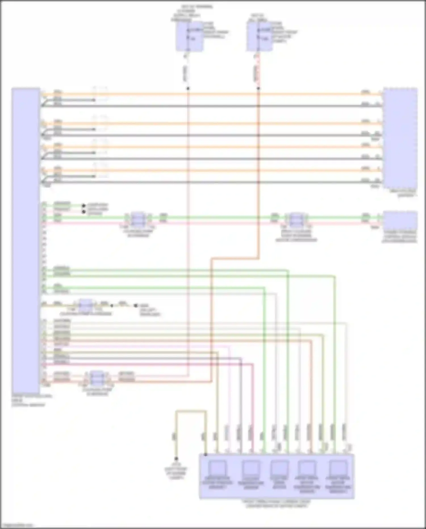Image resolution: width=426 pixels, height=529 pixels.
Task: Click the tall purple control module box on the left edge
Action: pyautogui.click(x=26, y=240)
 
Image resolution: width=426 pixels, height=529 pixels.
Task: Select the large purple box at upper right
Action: pyautogui.click(x=400, y=138)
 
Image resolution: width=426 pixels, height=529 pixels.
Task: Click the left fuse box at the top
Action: pyautogui.click(x=189, y=36)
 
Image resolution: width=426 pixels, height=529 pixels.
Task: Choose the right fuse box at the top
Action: pyautogui.click(x=260, y=36)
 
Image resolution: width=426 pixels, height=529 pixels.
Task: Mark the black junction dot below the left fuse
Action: pyautogui.click(x=188, y=89)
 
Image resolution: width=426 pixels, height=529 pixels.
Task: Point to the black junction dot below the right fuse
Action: pyautogui.click(x=258, y=89)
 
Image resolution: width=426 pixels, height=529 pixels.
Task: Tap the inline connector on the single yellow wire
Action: pyautogui.click(x=85, y=306)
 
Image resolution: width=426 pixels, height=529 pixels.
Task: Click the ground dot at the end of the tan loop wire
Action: pyautogui.click(x=176, y=459)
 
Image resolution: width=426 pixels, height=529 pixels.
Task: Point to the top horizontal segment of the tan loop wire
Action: pyautogui.click(x=191, y=411)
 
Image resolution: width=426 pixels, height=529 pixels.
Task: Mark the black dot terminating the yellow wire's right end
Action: pyautogui.click(x=136, y=306)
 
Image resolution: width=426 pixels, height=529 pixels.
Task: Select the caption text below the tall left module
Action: pyautogui.click(x=28, y=401)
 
